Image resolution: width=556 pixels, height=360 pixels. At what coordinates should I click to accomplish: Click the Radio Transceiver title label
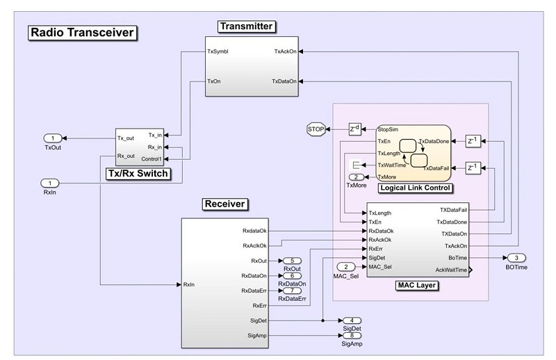(x=82, y=33)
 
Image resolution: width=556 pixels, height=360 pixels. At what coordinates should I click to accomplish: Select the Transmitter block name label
(x=247, y=26)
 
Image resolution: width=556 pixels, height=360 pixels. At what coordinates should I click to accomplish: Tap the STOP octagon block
(x=316, y=129)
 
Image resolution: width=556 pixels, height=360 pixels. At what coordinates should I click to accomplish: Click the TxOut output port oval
(x=53, y=138)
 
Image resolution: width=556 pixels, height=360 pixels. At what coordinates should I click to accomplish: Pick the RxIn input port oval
(x=49, y=183)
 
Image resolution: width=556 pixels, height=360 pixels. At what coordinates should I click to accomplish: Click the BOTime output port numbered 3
(x=516, y=258)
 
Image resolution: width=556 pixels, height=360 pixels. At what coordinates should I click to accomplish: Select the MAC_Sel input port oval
(x=346, y=267)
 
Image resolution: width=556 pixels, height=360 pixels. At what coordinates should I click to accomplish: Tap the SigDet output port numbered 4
(x=352, y=320)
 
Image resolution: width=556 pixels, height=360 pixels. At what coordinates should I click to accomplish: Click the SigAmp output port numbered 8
(x=352, y=335)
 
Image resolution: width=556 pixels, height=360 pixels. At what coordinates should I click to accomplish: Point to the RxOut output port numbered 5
(x=292, y=261)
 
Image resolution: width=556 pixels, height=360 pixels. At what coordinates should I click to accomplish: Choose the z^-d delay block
(x=354, y=129)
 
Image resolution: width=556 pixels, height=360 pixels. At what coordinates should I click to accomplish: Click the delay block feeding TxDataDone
(x=473, y=141)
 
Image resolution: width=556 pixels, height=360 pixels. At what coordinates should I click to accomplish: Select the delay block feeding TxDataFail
(x=473, y=168)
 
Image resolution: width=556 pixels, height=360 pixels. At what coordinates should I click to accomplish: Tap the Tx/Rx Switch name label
(x=138, y=174)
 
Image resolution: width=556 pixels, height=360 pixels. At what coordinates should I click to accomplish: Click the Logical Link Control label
(x=415, y=188)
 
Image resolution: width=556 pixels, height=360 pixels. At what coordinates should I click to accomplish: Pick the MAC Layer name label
(x=416, y=286)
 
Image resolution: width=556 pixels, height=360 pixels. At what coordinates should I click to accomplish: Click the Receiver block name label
(x=224, y=204)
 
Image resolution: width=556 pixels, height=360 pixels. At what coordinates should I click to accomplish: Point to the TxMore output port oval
(x=357, y=177)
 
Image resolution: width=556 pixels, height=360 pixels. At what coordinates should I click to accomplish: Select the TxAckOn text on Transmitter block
(x=286, y=51)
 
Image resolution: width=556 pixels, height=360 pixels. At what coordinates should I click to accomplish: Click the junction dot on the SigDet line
(x=322, y=320)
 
